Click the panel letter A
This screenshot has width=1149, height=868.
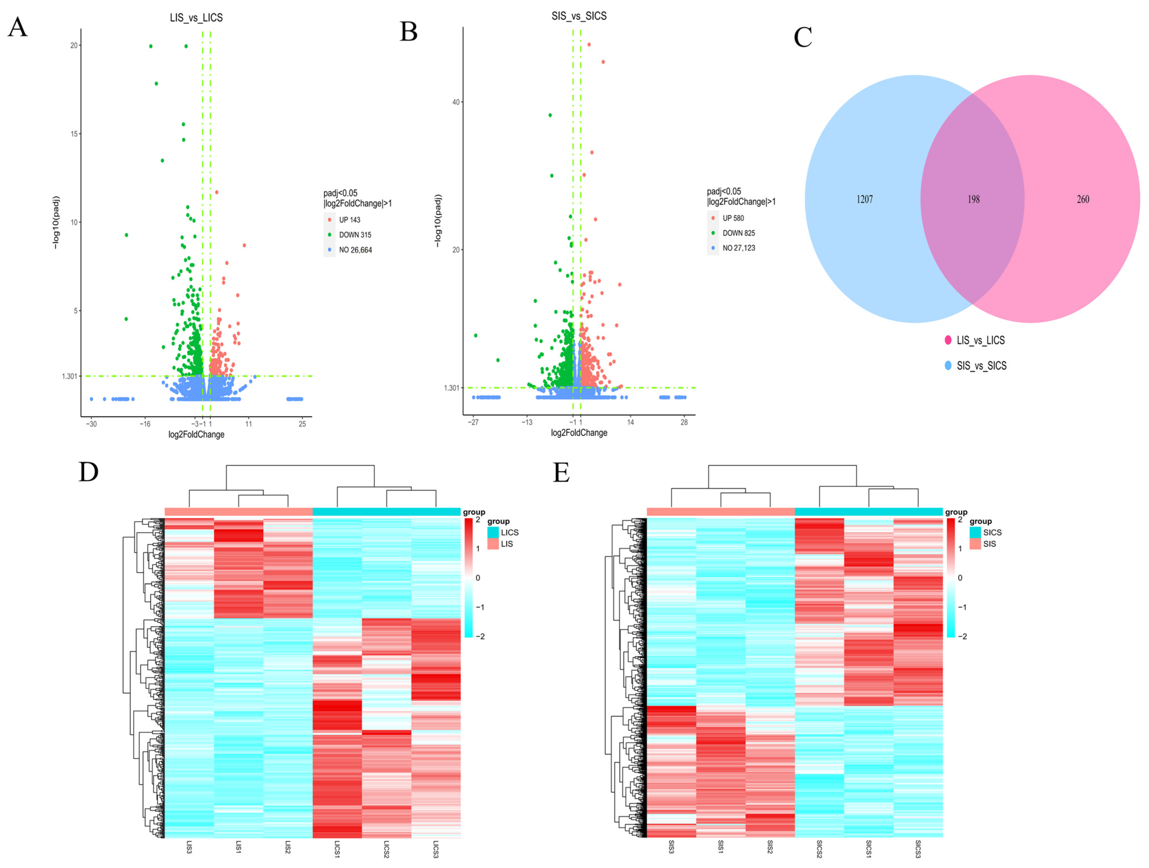[x=18, y=27]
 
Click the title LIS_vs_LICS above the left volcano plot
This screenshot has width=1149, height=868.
[x=196, y=18]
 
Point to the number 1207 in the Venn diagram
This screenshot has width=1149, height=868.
[x=864, y=199]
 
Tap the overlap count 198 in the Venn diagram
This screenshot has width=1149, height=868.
[x=973, y=199]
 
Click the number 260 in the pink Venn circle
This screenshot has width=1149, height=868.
[x=1083, y=199]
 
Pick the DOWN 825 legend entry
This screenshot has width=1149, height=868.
[x=738, y=233]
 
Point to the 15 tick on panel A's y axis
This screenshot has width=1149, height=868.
[x=74, y=134]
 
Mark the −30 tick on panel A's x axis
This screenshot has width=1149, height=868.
[x=91, y=424]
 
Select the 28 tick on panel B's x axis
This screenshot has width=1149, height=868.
[x=684, y=422]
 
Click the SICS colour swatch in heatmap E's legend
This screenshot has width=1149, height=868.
[x=975, y=532]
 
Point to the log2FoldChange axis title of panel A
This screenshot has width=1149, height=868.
[x=196, y=435]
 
